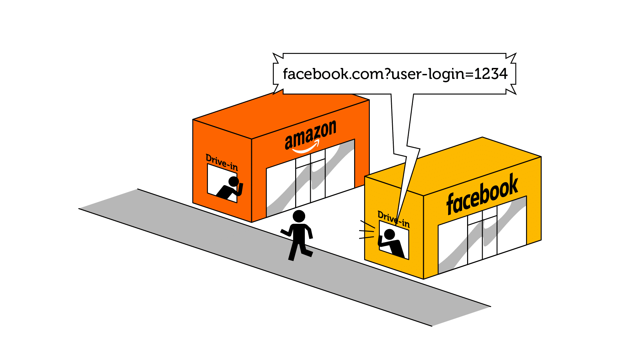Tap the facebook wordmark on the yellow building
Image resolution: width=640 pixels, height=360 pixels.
click(482, 194)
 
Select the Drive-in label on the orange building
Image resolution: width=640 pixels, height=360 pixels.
click(222, 162)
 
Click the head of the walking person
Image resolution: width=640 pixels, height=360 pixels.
click(299, 216)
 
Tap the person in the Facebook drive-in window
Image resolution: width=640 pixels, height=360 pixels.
click(392, 243)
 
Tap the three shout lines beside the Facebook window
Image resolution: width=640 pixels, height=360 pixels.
click(366, 230)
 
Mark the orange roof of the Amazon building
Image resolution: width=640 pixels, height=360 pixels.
click(280, 113)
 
